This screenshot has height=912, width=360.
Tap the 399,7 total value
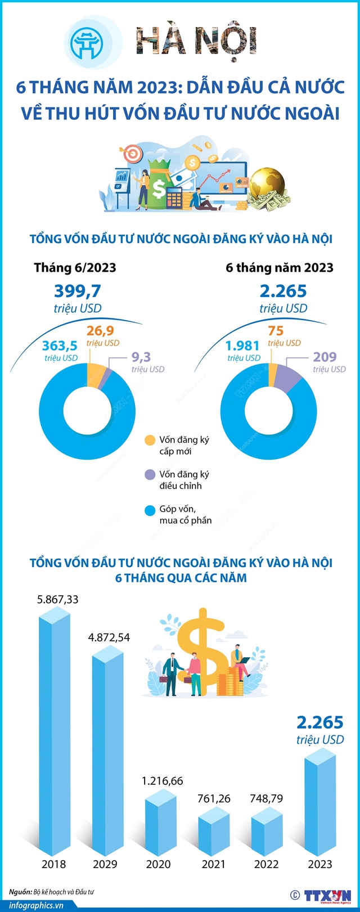pos(78,291)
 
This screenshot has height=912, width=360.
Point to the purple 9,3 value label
pos(141,357)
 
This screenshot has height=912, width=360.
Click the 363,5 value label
pos(60,345)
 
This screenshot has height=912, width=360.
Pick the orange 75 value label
pos(276,330)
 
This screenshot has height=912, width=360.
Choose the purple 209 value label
pos(325,357)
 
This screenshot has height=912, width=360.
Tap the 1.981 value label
pos(242,345)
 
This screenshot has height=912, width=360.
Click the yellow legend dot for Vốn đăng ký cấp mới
pos(150,441)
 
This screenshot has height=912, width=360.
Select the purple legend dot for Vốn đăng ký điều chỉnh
pos(150,475)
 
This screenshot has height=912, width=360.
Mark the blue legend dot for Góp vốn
pos(150,510)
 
